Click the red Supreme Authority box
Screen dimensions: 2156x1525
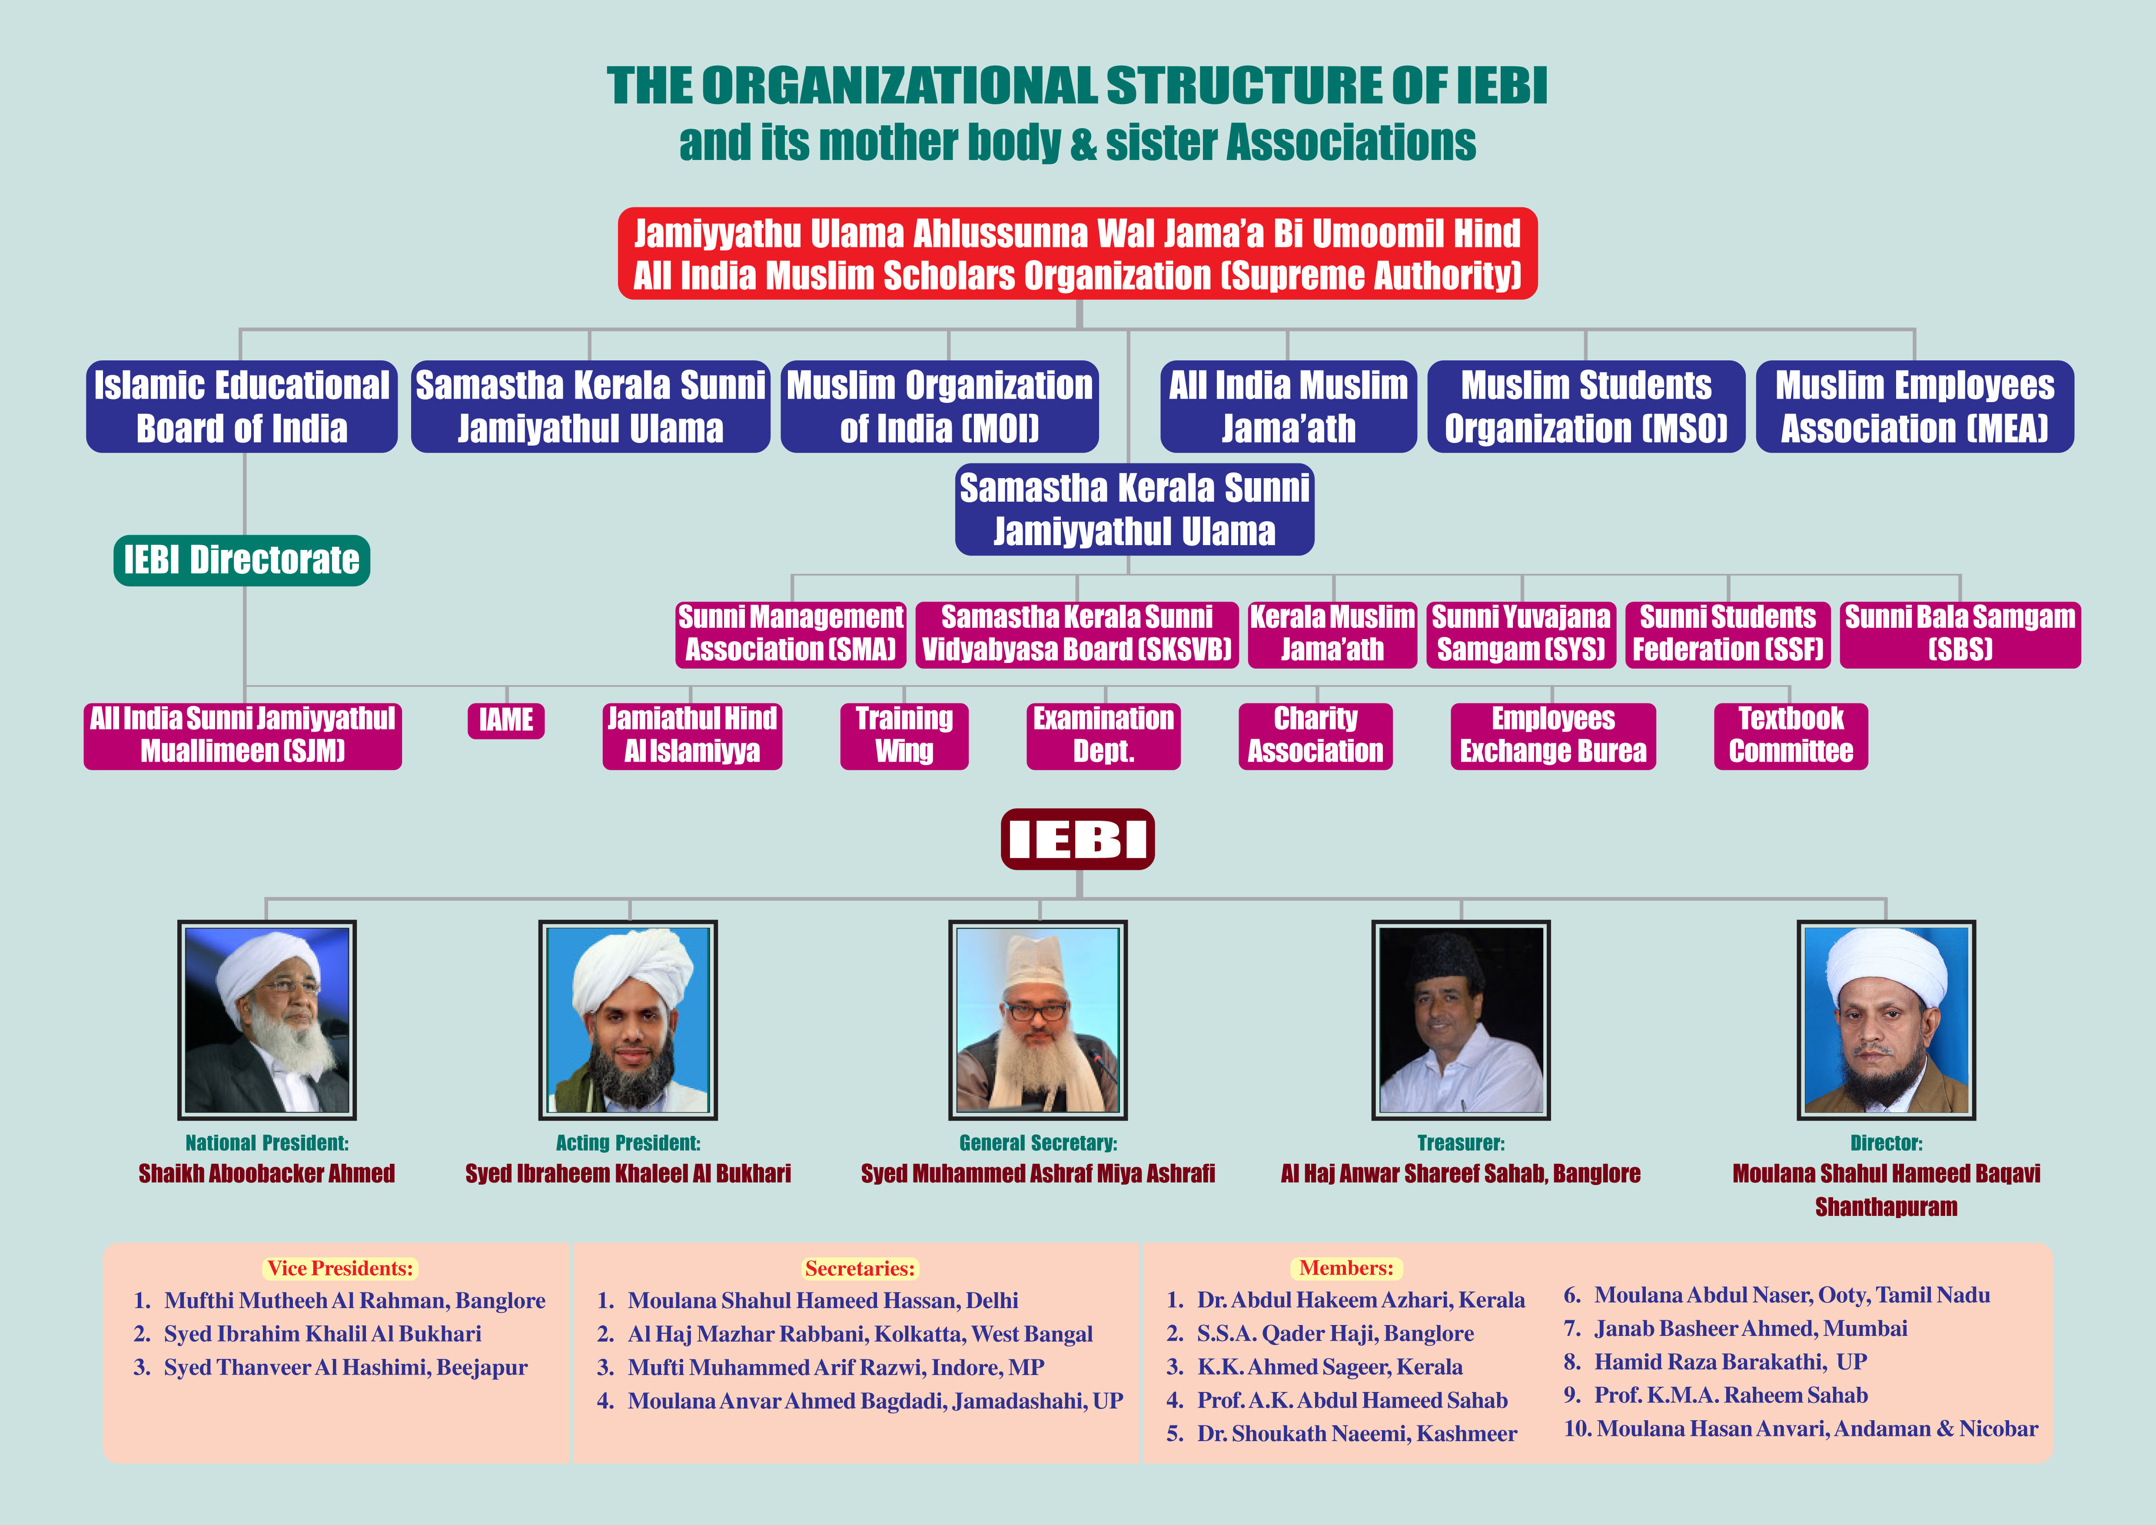1077,253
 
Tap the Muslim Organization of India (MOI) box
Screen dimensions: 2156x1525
940,406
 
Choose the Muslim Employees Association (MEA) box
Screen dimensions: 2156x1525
1915,406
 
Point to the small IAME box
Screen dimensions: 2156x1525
506,720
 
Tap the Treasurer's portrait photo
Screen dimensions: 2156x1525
1461,1020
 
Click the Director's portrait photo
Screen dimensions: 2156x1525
1887,1020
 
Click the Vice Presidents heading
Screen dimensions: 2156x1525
340,1269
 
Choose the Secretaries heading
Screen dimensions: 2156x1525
859,1269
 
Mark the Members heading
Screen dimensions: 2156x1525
1346,1269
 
